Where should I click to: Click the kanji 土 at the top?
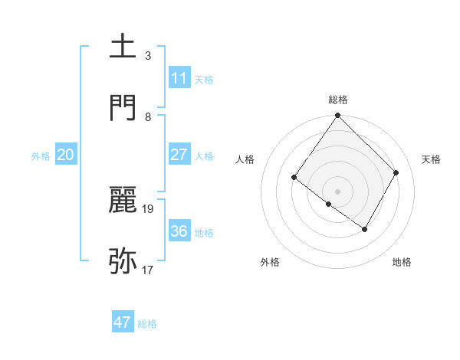123,47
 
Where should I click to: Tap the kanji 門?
123,107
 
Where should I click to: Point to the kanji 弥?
123,261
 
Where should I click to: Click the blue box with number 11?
179,78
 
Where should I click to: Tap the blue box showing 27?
179,155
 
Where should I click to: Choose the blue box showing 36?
179,231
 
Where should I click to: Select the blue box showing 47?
123,322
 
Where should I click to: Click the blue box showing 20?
66,155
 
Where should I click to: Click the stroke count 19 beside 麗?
148,208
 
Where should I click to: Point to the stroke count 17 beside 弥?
148,270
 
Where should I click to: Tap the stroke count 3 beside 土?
148,55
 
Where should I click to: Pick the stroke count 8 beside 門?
148,116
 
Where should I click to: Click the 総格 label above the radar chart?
338,100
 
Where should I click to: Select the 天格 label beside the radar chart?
431,159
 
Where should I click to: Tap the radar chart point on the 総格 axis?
338,116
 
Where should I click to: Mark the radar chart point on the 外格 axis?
329,204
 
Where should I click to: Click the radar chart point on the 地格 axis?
365,229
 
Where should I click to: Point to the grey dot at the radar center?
338,191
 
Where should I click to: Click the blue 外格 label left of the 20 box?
41,156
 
